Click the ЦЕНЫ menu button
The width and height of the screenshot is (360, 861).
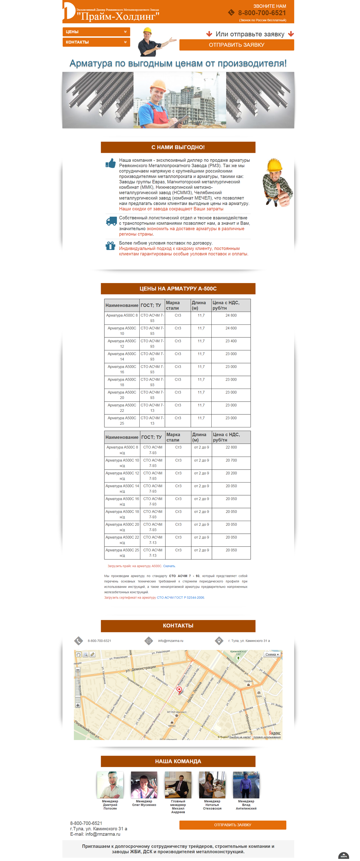click(x=96, y=32)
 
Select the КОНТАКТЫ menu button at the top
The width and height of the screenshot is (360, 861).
click(x=96, y=42)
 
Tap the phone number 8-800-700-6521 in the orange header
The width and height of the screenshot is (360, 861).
click(x=262, y=13)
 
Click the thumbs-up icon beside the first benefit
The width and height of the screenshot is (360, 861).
click(x=111, y=163)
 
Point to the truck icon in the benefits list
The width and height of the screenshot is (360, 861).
click(x=111, y=221)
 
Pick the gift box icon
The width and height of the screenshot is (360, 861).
click(x=111, y=246)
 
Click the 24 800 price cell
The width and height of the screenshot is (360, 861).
click(x=231, y=315)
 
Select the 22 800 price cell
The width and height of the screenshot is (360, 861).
click(x=231, y=447)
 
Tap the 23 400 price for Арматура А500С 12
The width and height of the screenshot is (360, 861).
click(x=231, y=341)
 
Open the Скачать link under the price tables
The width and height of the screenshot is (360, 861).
click(x=169, y=566)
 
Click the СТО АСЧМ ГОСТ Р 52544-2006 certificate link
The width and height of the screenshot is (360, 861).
click(x=180, y=597)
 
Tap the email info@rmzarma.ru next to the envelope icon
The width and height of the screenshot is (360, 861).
click(x=171, y=641)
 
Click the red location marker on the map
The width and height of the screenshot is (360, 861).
click(x=179, y=690)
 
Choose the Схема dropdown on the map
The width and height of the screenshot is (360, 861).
click(x=272, y=654)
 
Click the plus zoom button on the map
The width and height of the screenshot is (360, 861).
click(x=78, y=705)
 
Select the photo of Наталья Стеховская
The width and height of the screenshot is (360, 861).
click(x=212, y=785)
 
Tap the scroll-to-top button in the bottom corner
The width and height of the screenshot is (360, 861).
click(x=343, y=855)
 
